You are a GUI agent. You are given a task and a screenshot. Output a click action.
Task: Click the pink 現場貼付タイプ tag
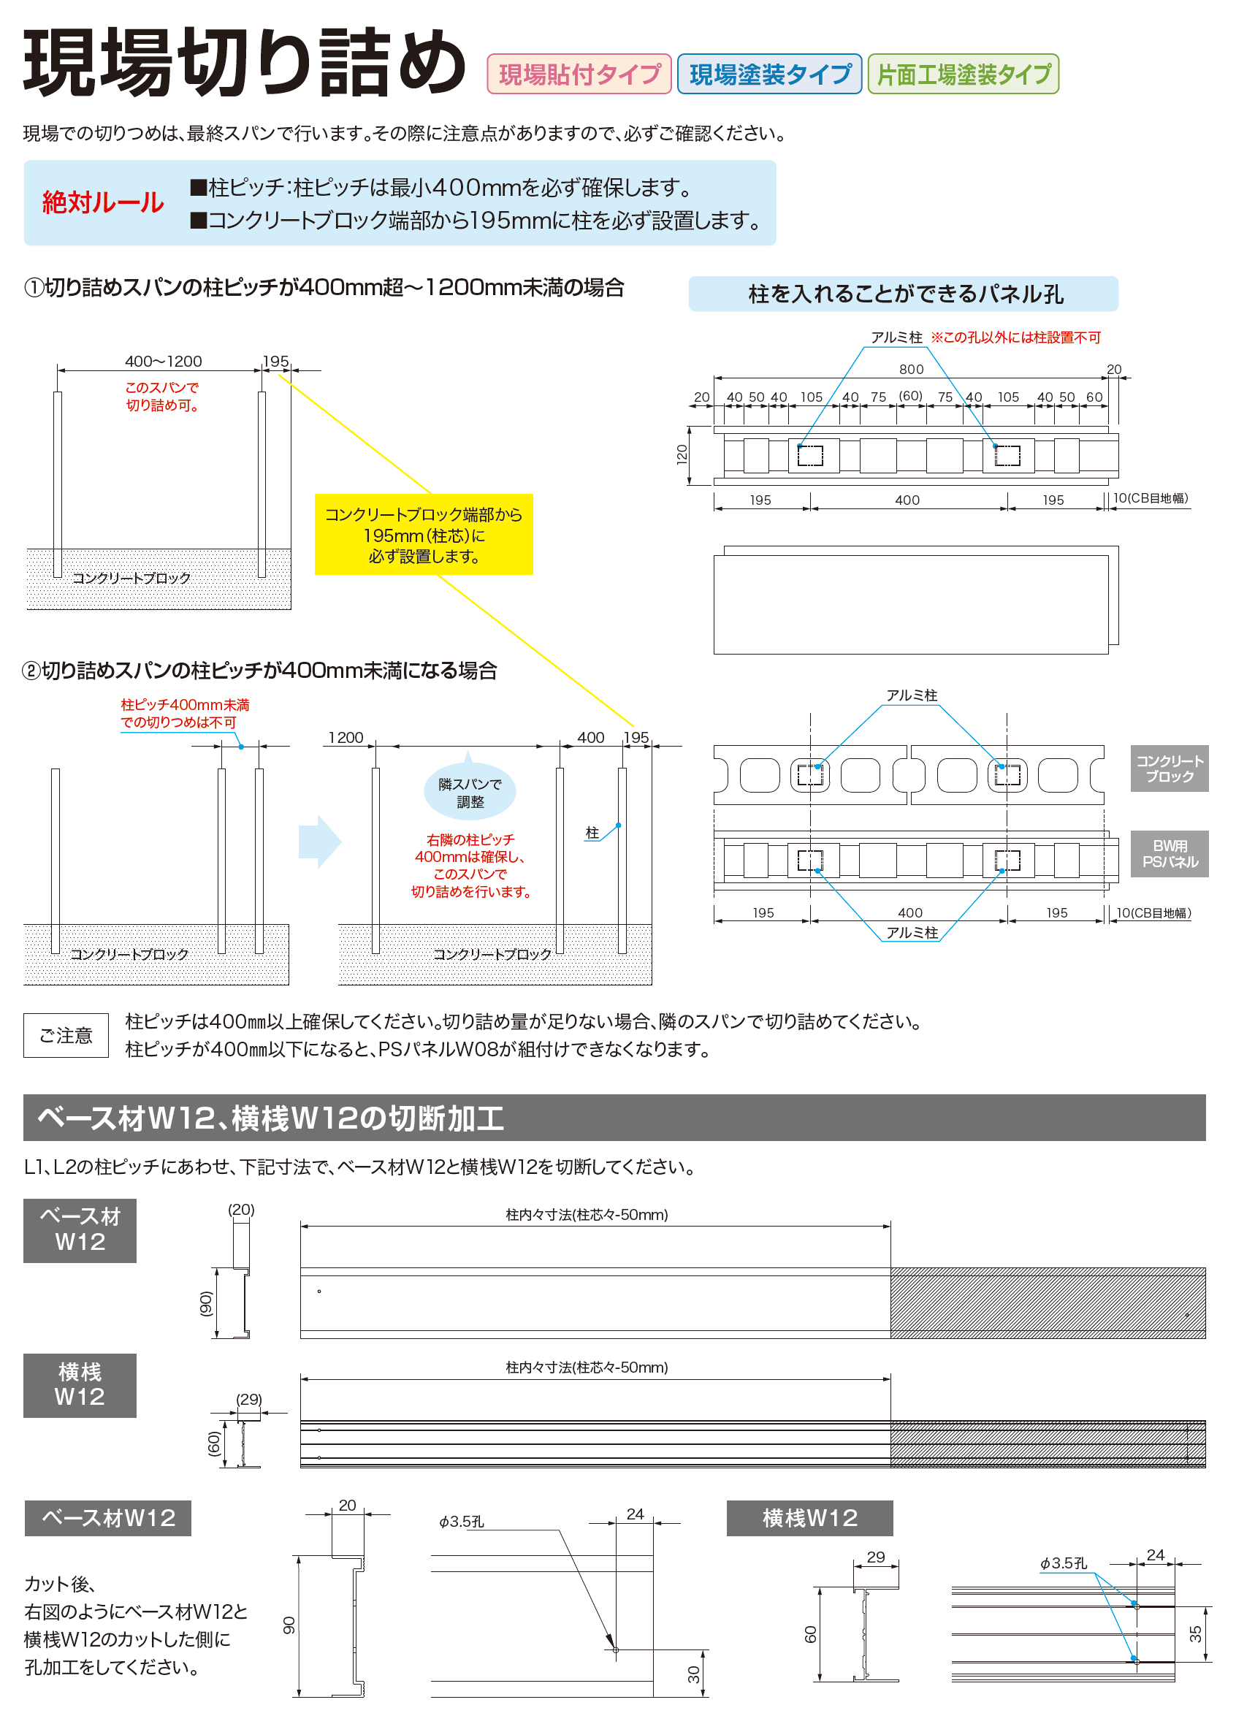pyautogui.click(x=579, y=74)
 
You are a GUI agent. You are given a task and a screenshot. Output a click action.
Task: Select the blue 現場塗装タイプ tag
pyautogui.click(x=769, y=74)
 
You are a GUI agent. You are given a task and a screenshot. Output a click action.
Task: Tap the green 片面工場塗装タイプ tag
pyautogui.click(x=963, y=74)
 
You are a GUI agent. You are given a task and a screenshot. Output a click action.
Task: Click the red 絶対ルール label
pyautogui.click(x=102, y=202)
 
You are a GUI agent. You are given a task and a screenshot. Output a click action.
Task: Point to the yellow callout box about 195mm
pyautogui.click(x=424, y=535)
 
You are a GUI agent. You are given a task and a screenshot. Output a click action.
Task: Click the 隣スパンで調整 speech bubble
pyautogui.click(x=469, y=792)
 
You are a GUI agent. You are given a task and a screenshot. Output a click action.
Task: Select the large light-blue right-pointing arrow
pyautogui.click(x=320, y=842)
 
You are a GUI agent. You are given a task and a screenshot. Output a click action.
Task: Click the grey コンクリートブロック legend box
pyautogui.click(x=1169, y=768)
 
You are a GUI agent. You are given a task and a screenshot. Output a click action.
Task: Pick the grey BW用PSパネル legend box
pyautogui.click(x=1169, y=854)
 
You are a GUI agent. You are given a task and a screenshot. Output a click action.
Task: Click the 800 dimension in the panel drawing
pyautogui.click(x=912, y=370)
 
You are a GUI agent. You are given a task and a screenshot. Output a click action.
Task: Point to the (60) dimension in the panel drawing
pyautogui.click(x=911, y=396)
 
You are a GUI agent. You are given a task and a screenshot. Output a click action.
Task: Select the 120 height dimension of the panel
pyautogui.click(x=682, y=454)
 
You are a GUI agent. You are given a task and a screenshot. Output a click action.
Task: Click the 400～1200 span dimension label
pyautogui.click(x=164, y=361)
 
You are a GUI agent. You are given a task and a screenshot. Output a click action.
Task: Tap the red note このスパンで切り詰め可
pyautogui.click(x=162, y=396)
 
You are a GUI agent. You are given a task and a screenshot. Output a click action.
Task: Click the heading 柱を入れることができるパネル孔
pyautogui.click(x=905, y=294)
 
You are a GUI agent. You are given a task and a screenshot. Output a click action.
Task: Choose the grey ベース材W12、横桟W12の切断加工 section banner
pyautogui.click(x=614, y=1118)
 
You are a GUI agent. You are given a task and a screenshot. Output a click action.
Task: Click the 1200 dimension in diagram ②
pyautogui.click(x=346, y=737)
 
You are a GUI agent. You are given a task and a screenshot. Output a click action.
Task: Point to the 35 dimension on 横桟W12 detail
pyautogui.click(x=1196, y=1633)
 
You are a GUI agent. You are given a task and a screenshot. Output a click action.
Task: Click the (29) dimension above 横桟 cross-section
pyautogui.click(x=248, y=1399)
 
